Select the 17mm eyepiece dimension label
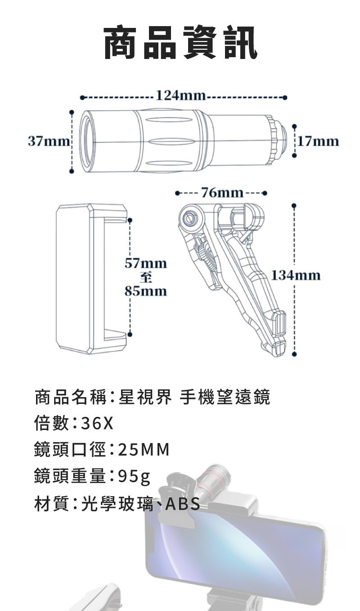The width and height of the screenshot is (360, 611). click(318, 141)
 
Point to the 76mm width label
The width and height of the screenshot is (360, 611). click(222, 193)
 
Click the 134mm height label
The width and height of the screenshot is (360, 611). click(296, 275)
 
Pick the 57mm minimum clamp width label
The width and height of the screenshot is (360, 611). click(145, 263)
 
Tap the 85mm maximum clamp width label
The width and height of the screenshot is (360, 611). click(145, 291)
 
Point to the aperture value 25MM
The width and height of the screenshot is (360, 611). click(144, 449)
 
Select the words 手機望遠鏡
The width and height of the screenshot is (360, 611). click(225, 397)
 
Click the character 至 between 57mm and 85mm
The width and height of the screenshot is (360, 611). click(145, 277)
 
